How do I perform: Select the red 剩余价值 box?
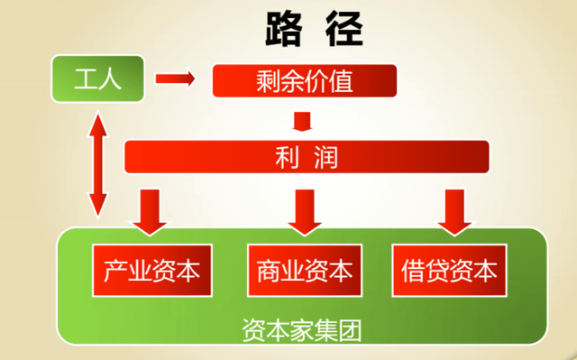pyautogui.click(x=304, y=79)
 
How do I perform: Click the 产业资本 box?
pyautogui.click(x=151, y=270)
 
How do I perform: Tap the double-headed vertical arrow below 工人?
pyautogui.click(x=96, y=163)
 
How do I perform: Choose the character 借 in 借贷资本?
pyautogui.click(x=415, y=270)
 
